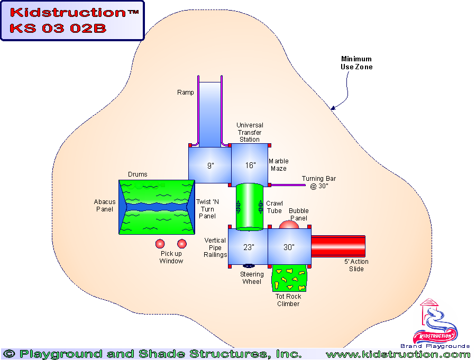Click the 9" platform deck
(x=210, y=165)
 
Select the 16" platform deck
(x=250, y=165)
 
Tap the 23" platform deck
(x=249, y=246)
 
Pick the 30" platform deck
(x=289, y=246)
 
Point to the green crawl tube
(x=249, y=206)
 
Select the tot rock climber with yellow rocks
(x=289, y=278)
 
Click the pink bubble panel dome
(x=289, y=225)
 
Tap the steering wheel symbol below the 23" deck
(x=248, y=266)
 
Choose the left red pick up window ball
(x=160, y=244)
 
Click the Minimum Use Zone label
(x=356, y=63)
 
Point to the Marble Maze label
(x=278, y=165)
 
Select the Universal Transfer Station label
(x=250, y=133)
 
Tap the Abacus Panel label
(x=104, y=205)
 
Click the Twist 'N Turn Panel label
(x=207, y=209)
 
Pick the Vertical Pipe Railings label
(x=215, y=247)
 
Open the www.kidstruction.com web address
(x=398, y=354)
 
